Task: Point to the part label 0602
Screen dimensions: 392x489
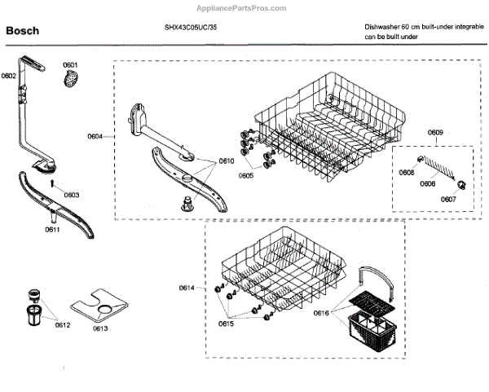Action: click(9, 77)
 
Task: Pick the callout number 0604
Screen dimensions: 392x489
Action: click(95, 137)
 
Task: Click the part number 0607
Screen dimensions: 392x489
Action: click(447, 199)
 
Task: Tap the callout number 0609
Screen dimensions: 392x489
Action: click(435, 133)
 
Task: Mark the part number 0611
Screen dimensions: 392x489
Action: click(52, 231)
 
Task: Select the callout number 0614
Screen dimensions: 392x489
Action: click(187, 288)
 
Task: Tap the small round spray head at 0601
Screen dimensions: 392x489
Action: click(72, 80)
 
